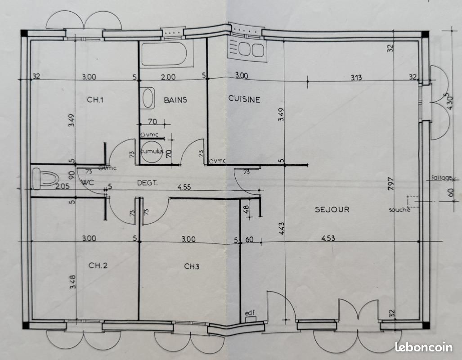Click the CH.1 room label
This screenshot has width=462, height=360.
coord(95,99)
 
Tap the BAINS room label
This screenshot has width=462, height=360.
coord(175,100)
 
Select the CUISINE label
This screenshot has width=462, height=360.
coord(244,99)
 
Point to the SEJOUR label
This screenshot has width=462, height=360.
coord(332,210)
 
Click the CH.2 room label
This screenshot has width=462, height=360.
coord(98,265)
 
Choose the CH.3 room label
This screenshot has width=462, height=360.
coord(192,266)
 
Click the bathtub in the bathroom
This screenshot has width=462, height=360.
coord(164,54)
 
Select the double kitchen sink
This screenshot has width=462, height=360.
coord(247,49)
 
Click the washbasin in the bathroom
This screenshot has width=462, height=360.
coord(148,98)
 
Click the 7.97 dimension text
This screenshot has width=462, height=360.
coord(390,184)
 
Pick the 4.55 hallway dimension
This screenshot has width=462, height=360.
coord(184,187)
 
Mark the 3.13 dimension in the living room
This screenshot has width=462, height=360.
coord(356,78)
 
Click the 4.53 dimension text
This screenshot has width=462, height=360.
coord(328,238)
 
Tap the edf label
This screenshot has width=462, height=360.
coord(250,313)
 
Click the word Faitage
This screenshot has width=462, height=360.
coord(441,178)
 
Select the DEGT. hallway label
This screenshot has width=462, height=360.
coord(147,183)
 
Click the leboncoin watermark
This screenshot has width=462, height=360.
coord(423,347)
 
